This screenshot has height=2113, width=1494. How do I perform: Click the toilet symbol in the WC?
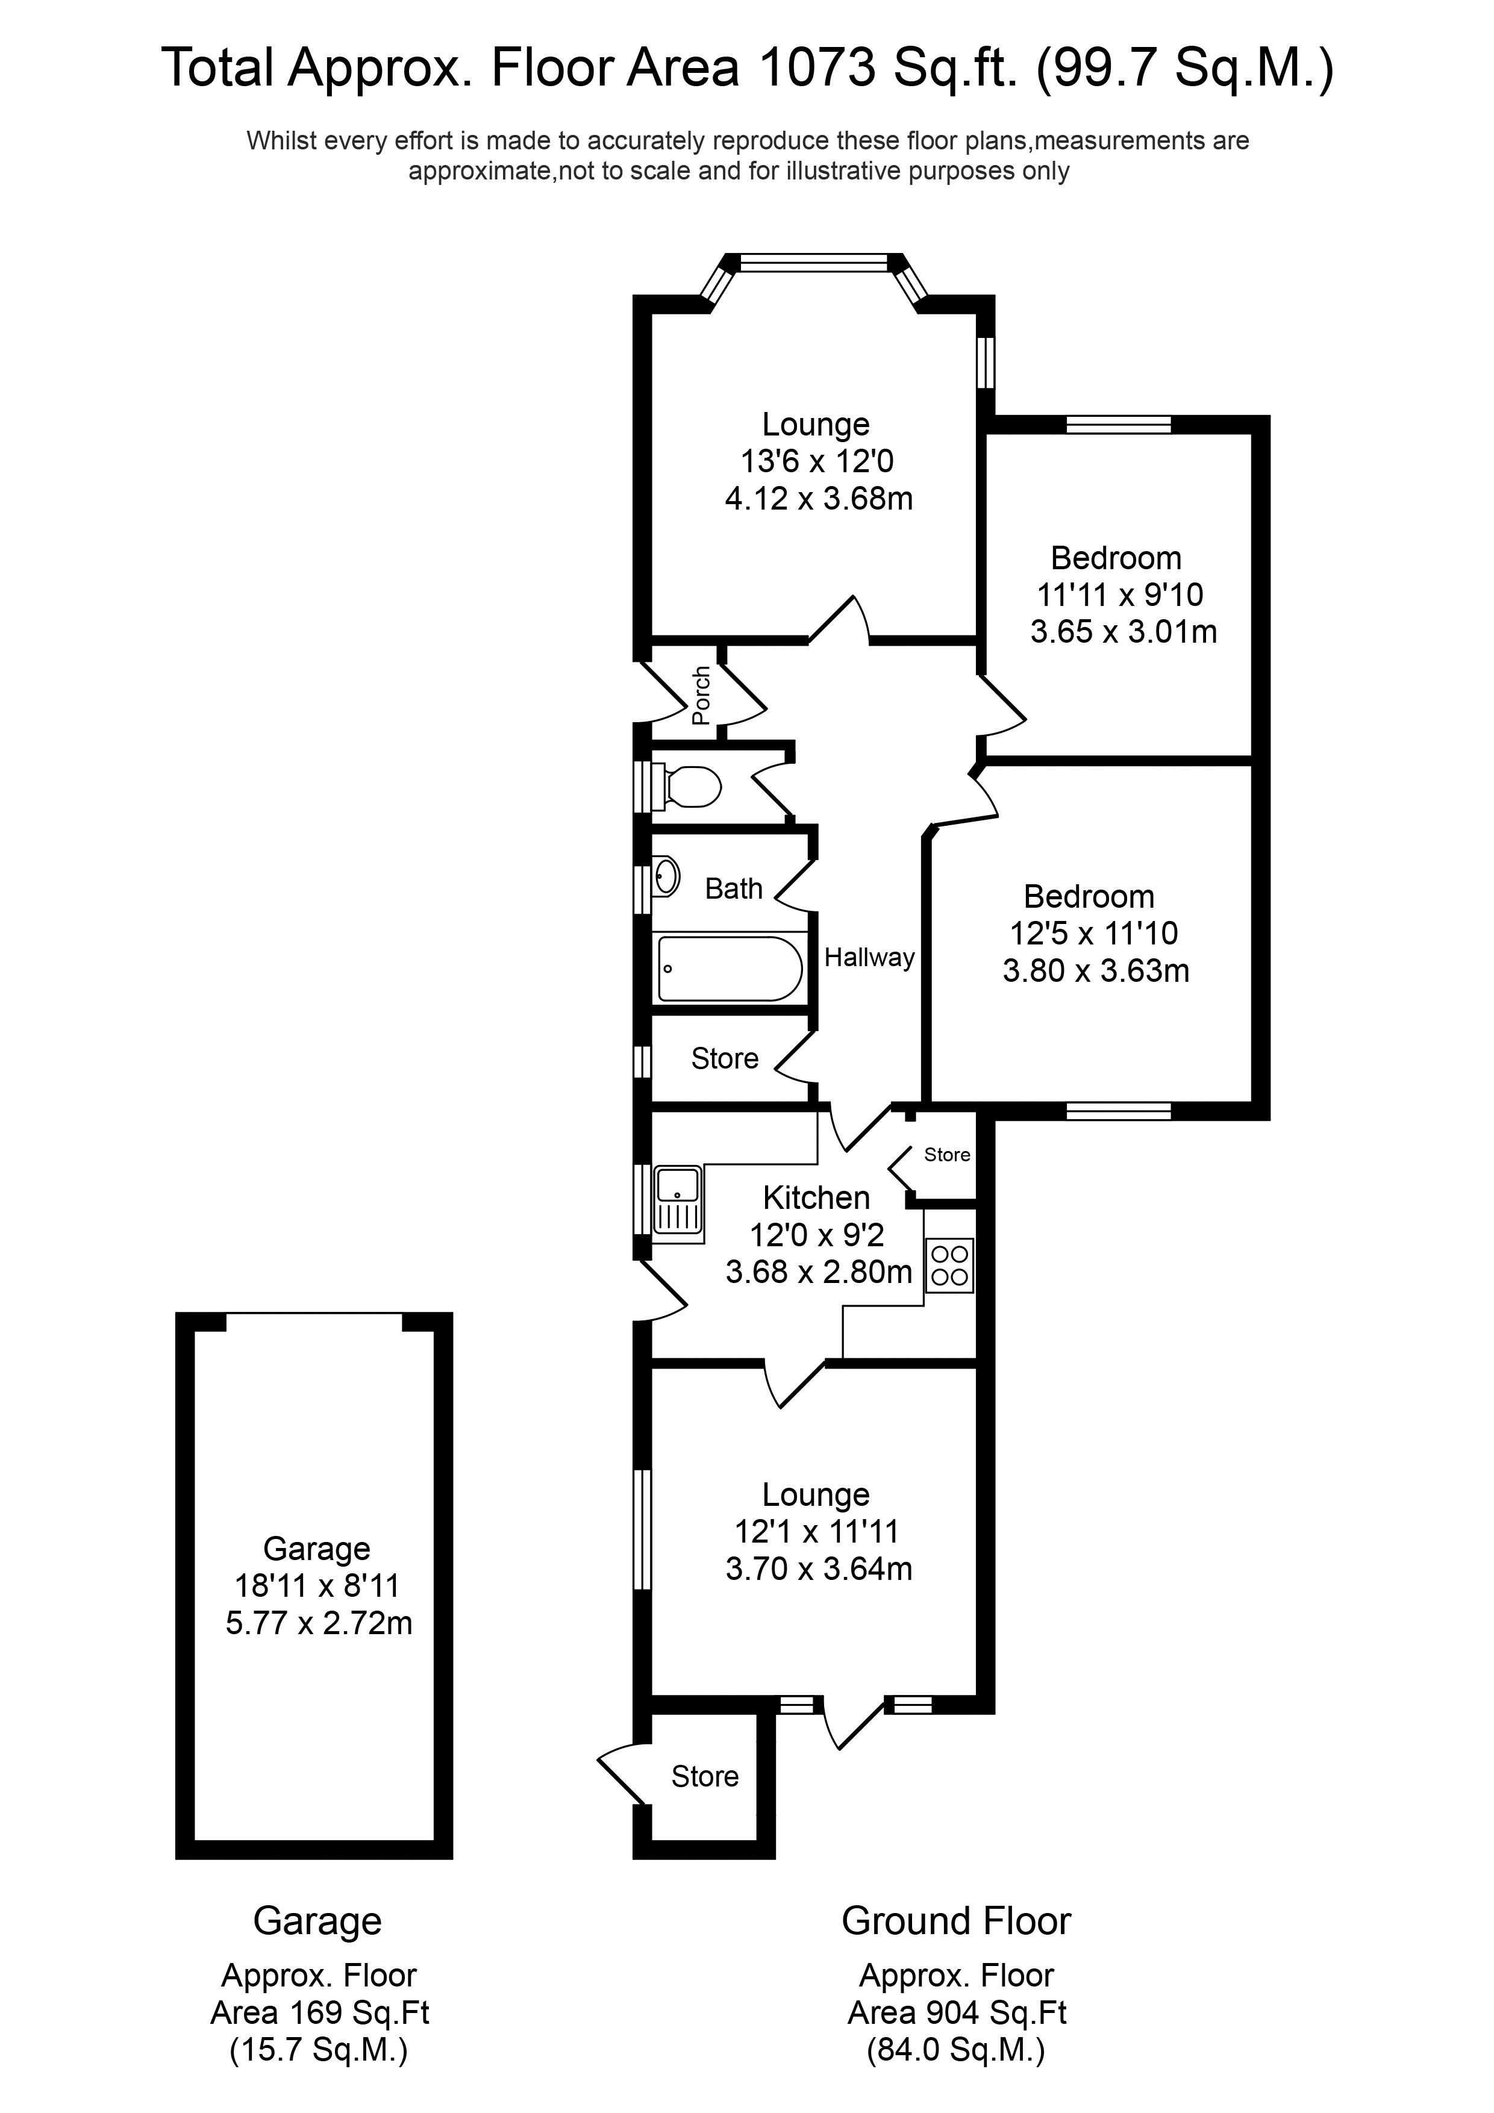tap(690, 787)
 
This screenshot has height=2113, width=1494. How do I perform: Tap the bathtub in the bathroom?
tap(729, 969)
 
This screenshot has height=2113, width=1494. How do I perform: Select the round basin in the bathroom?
tap(666, 876)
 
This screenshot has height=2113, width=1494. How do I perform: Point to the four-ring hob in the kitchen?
tap(949, 1266)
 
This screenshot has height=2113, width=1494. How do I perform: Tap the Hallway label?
tap(869, 958)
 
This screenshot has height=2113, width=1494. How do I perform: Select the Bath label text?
tap(734, 889)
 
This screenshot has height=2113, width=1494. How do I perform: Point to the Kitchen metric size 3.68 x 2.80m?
tap(818, 1272)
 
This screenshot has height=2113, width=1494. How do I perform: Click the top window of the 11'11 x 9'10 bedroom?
tap(1119, 424)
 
